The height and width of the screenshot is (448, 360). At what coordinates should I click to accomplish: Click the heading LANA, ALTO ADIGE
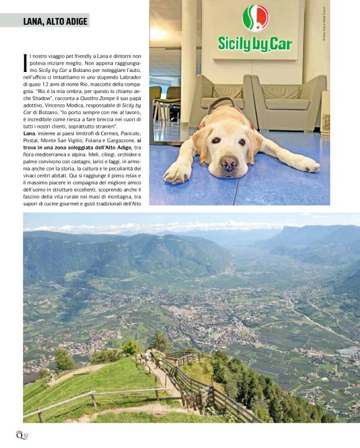tap(55, 21)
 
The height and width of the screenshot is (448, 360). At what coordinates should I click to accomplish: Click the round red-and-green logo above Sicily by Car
tap(254, 18)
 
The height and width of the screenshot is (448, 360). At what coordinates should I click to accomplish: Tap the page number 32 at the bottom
tap(26, 434)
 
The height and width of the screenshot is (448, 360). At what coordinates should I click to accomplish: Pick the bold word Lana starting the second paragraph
tap(29, 133)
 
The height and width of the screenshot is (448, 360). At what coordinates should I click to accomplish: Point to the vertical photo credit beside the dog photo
tap(323, 25)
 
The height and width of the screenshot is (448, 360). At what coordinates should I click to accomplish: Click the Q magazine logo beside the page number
tap(19, 434)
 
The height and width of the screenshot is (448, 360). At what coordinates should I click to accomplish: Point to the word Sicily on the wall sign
tap(236, 43)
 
